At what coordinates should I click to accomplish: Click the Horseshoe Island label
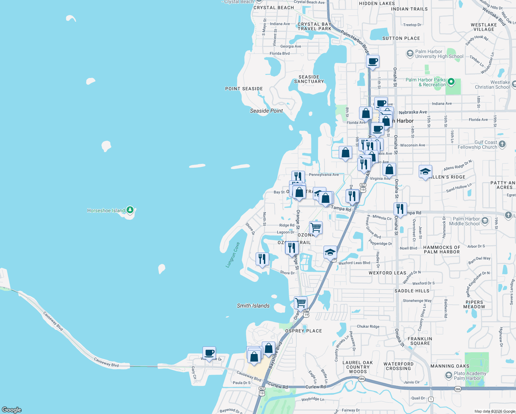[106, 210]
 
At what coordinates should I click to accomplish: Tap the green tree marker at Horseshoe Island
[130, 209]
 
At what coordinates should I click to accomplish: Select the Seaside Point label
[266, 111]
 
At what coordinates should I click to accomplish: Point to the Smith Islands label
[253, 306]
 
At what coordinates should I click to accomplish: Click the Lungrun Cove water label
[233, 255]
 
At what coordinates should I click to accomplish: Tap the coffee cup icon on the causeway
[209, 353]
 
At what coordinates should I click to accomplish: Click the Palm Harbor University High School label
[439, 54]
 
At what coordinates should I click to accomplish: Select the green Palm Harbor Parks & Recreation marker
[451, 82]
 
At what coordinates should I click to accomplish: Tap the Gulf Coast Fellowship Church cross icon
[502, 144]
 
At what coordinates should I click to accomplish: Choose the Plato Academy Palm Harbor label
[470, 376]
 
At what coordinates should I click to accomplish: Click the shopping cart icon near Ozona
[316, 227]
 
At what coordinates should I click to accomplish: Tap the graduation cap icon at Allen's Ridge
[425, 171]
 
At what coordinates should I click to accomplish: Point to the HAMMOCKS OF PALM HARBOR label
[441, 249]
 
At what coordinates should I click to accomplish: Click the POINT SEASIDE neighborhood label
[244, 89]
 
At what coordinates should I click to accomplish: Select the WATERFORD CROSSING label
[398, 366]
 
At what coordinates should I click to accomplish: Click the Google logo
[12, 410]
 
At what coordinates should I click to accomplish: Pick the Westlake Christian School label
[492, 85]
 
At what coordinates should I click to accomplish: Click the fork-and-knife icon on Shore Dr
[262, 259]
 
